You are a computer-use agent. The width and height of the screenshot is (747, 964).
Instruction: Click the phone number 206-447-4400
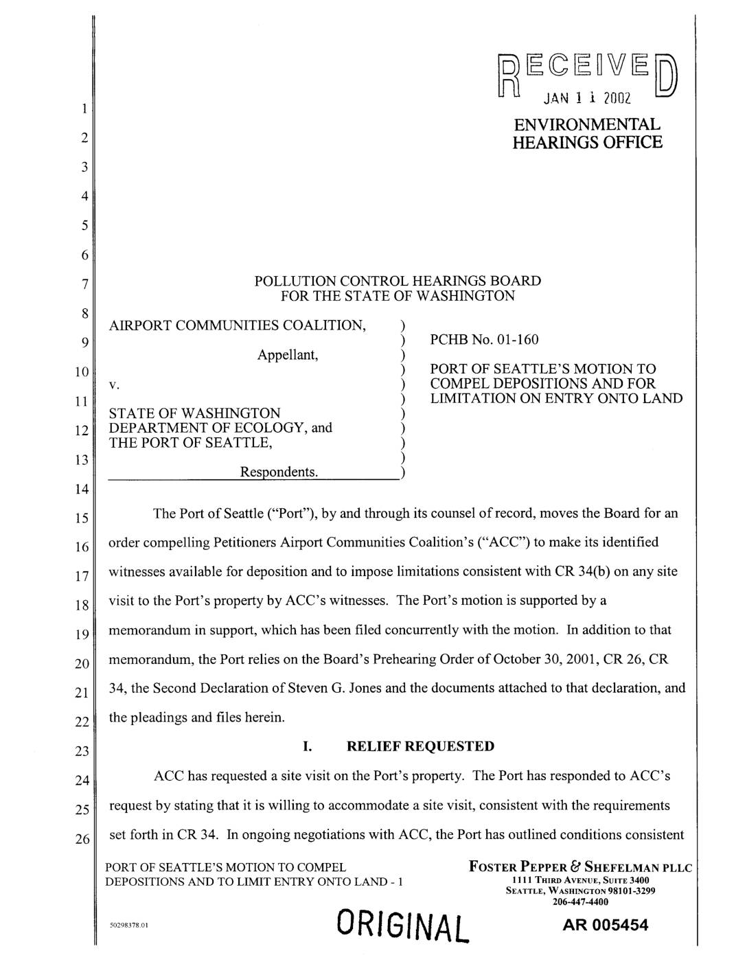click(580, 902)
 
